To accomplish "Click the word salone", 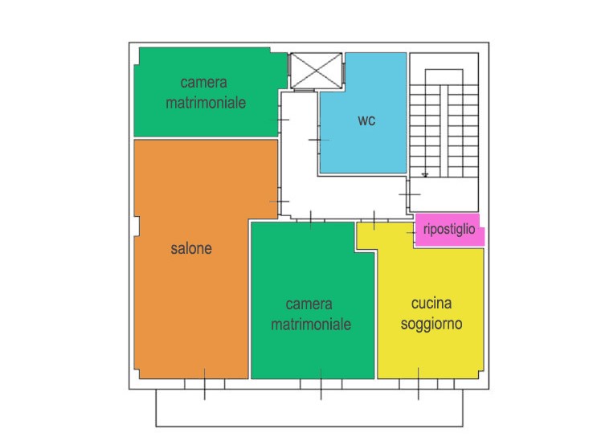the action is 191,248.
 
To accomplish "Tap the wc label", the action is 366,120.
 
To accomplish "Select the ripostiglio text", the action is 449,229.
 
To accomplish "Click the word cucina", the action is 431,303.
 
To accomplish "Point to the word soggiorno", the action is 431,325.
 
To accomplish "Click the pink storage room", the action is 450,230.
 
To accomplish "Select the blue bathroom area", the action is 363,113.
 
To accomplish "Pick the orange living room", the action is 191,259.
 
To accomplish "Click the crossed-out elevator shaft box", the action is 316,71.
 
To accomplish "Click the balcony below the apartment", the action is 309,408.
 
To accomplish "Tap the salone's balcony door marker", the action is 205,384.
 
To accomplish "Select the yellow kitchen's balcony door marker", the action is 419,383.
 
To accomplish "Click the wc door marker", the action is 319,140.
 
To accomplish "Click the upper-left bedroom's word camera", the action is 204,83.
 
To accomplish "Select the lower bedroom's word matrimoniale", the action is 311,325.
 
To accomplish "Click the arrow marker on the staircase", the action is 425,174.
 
